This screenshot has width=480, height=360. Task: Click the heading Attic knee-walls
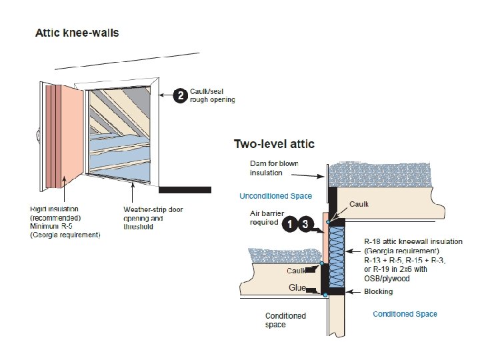point(77,33)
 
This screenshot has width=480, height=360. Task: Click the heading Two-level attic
point(274,143)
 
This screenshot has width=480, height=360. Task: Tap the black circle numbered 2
point(179,96)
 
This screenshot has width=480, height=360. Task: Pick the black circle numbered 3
point(305,225)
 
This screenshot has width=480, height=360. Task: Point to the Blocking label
point(378,291)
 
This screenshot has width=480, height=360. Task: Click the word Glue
point(297,287)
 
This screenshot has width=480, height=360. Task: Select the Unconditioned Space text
point(275,196)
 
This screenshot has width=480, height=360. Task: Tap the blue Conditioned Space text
point(405,314)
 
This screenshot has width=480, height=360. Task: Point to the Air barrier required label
point(265,218)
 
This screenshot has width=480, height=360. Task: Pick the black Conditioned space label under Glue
point(285,320)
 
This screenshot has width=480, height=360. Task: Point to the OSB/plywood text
point(387,278)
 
